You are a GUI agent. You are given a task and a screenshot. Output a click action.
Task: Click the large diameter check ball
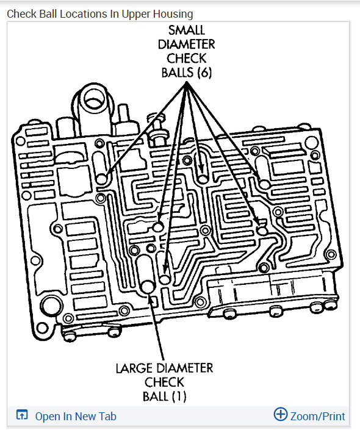click(147, 287)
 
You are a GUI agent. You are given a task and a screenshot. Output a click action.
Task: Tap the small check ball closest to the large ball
click(165, 279)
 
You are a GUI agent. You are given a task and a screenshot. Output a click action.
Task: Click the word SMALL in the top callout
click(187, 30)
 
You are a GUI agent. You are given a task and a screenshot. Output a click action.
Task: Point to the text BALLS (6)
click(187, 72)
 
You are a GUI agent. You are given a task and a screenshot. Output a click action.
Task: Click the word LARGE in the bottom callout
click(134, 368)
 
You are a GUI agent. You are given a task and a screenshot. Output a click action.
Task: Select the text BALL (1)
click(165, 396)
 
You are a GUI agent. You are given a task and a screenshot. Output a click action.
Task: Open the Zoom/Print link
click(317, 417)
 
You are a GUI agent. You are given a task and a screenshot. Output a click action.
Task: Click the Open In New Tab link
click(76, 417)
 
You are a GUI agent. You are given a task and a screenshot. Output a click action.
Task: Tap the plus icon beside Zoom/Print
click(280, 415)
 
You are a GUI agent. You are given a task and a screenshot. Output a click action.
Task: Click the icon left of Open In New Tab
click(21, 417)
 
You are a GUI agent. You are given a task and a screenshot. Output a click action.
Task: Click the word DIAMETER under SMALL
click(187, 44)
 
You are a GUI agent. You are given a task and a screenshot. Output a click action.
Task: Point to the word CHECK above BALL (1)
click(165, 382)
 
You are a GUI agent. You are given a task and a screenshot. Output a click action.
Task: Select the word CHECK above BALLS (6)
click(187, 58)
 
